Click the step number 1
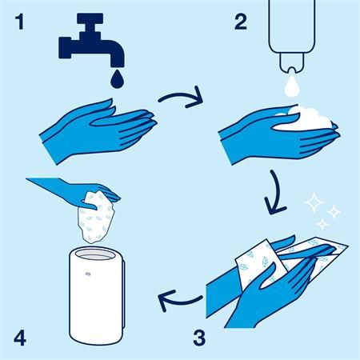20,22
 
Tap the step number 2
241,22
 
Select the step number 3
199,338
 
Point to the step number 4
20,338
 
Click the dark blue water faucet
90,40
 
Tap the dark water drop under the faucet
118,78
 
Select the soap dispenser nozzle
291,62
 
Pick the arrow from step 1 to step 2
182,95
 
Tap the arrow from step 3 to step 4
179,301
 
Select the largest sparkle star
314,202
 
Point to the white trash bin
97,296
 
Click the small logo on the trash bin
88,274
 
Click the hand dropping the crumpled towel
78,190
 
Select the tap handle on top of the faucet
90,18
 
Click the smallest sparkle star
322,223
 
